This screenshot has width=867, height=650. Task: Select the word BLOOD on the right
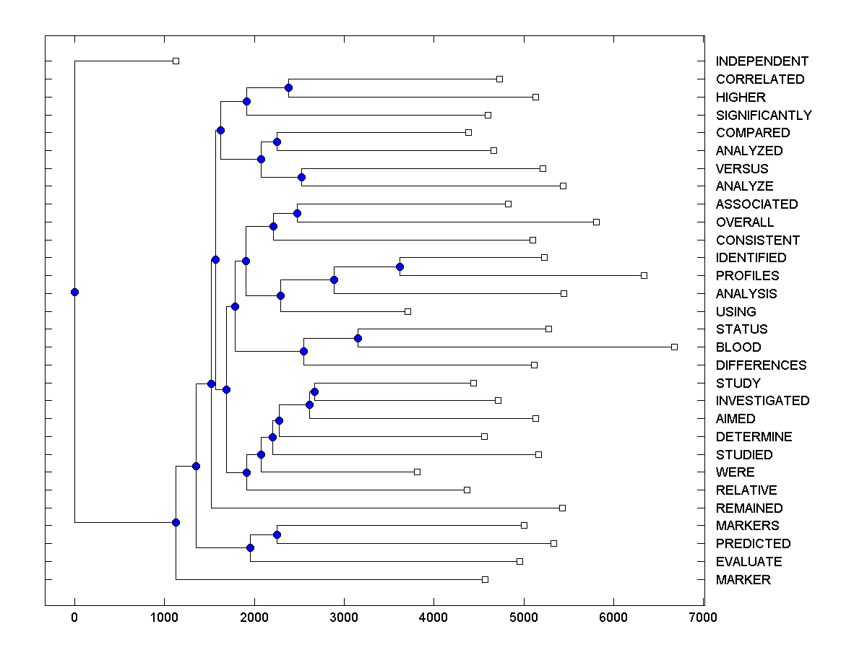pos(738,347)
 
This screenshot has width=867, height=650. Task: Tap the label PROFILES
pos(747,276)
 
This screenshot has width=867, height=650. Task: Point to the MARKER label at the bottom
pos(743,580)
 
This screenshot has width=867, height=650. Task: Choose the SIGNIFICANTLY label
pos(764,116)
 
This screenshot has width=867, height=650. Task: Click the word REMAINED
pos(749,508)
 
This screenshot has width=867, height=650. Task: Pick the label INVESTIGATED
pos(762,401)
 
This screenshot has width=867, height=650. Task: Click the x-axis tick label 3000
pos(344,617)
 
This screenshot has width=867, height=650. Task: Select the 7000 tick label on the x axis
pos(703,617)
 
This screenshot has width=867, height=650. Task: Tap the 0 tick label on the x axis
pos(74,617)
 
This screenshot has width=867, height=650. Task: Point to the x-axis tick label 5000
pos(524,617)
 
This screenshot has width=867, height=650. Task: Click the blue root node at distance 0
pos(74,292)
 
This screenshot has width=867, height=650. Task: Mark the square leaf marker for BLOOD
pos(674,347)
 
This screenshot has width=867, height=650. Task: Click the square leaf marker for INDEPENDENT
pos(176,61)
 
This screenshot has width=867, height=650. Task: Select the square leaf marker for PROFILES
pos(644,276)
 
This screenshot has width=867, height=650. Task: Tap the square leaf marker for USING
pos(407,311)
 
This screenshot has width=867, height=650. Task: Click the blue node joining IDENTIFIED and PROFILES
pos(400,267)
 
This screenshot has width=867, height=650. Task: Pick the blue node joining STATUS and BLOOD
pos(358,338)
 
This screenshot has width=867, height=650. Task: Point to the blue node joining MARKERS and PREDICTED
pos(277,534)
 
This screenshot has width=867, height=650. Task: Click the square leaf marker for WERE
pos(417,472)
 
